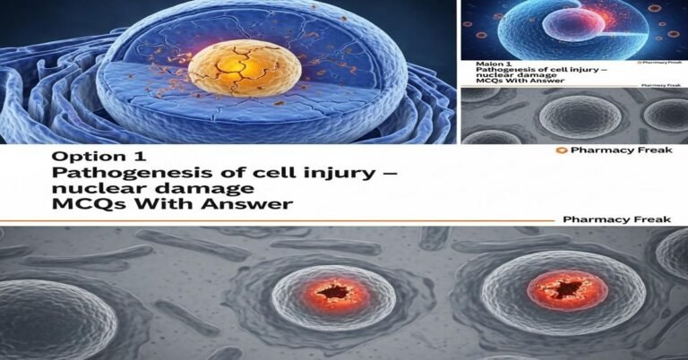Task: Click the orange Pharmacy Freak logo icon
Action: point(561,150)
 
